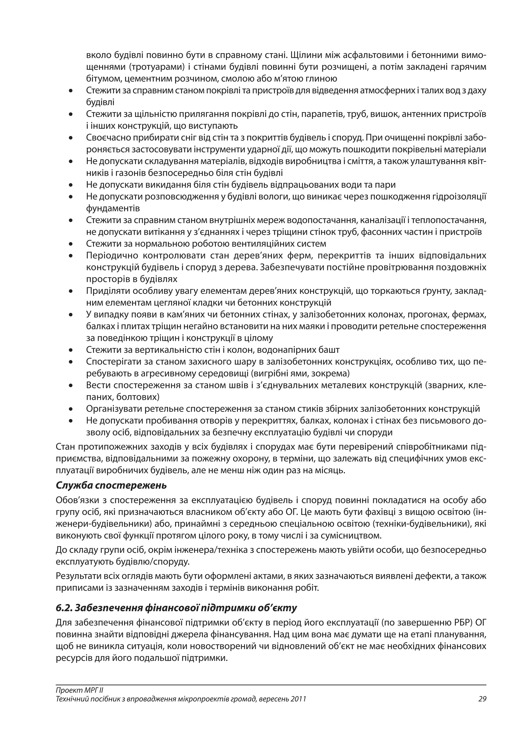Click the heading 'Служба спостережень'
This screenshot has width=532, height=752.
pos(111,485)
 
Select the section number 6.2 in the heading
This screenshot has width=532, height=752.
pos(64,608)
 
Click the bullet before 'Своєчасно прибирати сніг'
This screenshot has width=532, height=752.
pos(70,138)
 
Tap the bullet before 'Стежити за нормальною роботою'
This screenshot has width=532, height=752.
pos(70,244)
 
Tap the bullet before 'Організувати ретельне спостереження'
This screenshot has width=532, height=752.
pos(70,409)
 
